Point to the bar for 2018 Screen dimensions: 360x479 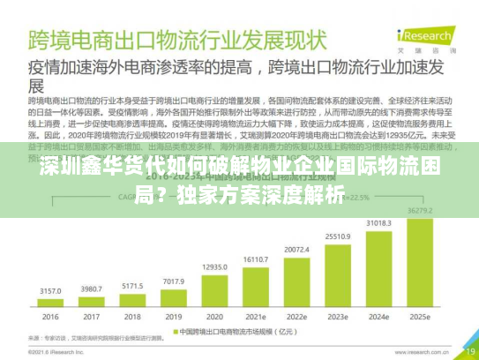tap(133, 300)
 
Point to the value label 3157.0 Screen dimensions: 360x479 tap(50, 289)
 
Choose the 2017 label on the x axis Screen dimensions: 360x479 tap(92, 317)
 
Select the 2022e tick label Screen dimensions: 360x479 tap(297, 317)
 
